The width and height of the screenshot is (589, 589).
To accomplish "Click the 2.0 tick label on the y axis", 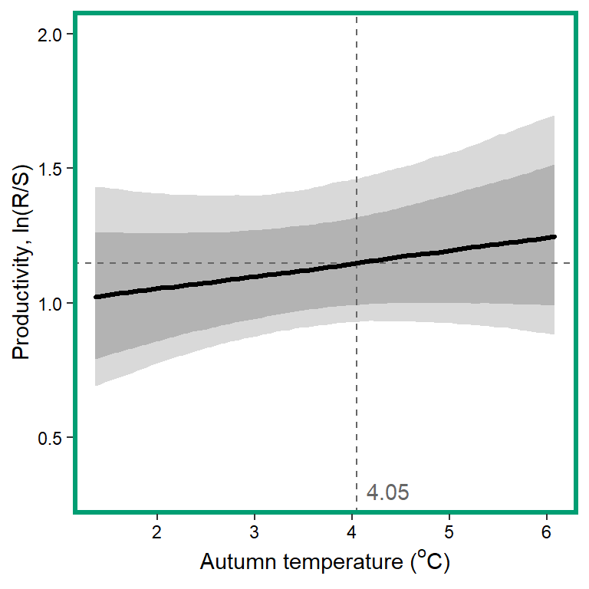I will pos(52,35).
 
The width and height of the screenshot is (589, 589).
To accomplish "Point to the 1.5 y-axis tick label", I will pos(52,169).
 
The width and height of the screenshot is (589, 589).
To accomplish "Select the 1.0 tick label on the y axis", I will pos(52,303).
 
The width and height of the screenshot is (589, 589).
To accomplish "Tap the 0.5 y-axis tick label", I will pos(52,438).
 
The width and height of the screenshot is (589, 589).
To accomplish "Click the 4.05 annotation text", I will pos(387,492).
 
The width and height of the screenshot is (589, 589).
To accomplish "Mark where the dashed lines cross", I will pos(357,263).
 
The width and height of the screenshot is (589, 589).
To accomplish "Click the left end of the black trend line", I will pos(95,297).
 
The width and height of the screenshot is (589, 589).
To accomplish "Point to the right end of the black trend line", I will pos(554,237).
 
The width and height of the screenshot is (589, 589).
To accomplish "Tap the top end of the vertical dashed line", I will pos(357,15).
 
